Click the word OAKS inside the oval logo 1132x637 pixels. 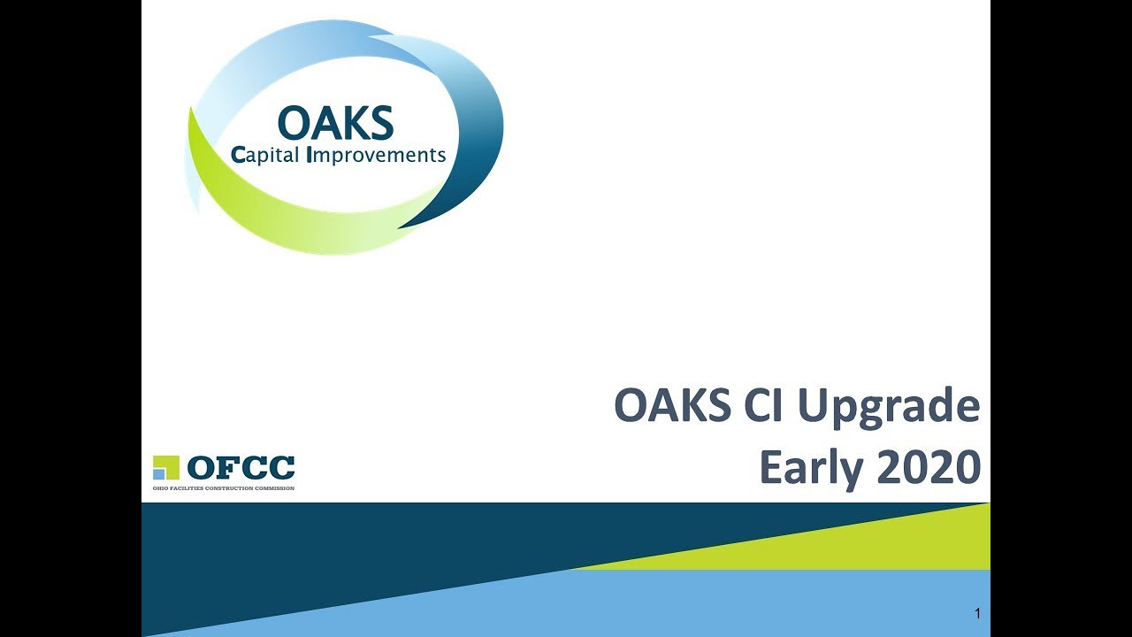click(335, 123)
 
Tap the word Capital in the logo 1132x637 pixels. click(264, 155)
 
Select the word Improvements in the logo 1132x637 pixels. click(377, 155)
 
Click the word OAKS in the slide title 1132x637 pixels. click(673, 404)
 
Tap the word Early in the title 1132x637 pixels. click(811, 469)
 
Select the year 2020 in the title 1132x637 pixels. click(929, 466)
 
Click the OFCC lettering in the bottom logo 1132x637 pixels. click(241, 467)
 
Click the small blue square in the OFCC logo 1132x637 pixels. click(158, 473)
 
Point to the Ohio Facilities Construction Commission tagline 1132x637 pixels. click(224, 488)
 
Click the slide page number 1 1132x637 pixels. click(977, 613)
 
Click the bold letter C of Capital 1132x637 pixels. click(238, 155)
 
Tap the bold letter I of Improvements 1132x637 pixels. click(310, 155)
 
